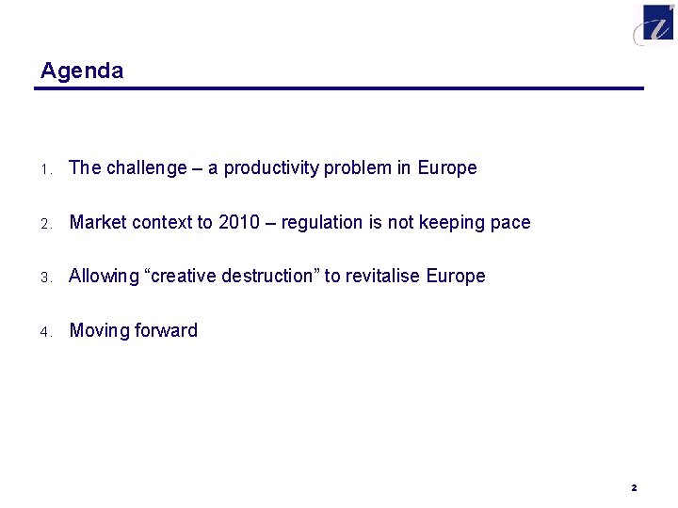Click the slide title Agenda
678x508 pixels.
[82, 71]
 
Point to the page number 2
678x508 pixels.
[634, 488]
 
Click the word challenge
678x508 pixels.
[147, 168]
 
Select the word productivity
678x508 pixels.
[271, 168]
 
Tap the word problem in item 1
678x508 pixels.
[358, 168]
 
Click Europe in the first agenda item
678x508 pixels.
[447, 168]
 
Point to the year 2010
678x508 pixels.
[238, 223]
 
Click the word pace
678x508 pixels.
[511, 223]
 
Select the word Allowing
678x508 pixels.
[103, 277]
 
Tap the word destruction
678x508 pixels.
[267, 277]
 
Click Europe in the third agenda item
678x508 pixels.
[456, 277]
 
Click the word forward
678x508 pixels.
[167, 331]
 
